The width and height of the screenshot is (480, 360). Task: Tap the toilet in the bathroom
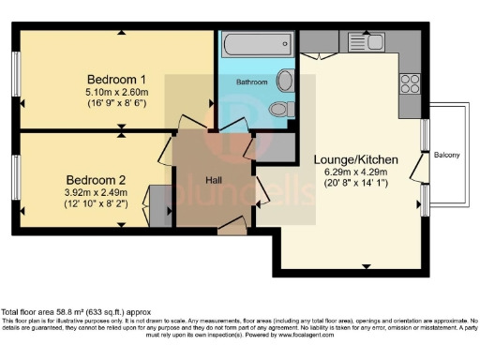(278, 111)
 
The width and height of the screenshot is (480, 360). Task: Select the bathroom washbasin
(285, 82)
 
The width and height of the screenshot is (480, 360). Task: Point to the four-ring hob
(410, 84)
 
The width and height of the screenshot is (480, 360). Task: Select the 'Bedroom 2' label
(96, 179)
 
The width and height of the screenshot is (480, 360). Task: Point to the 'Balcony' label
(446, 155)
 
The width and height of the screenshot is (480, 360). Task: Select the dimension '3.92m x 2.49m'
(96, 192)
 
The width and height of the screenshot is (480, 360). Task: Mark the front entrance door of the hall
(231, 225)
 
